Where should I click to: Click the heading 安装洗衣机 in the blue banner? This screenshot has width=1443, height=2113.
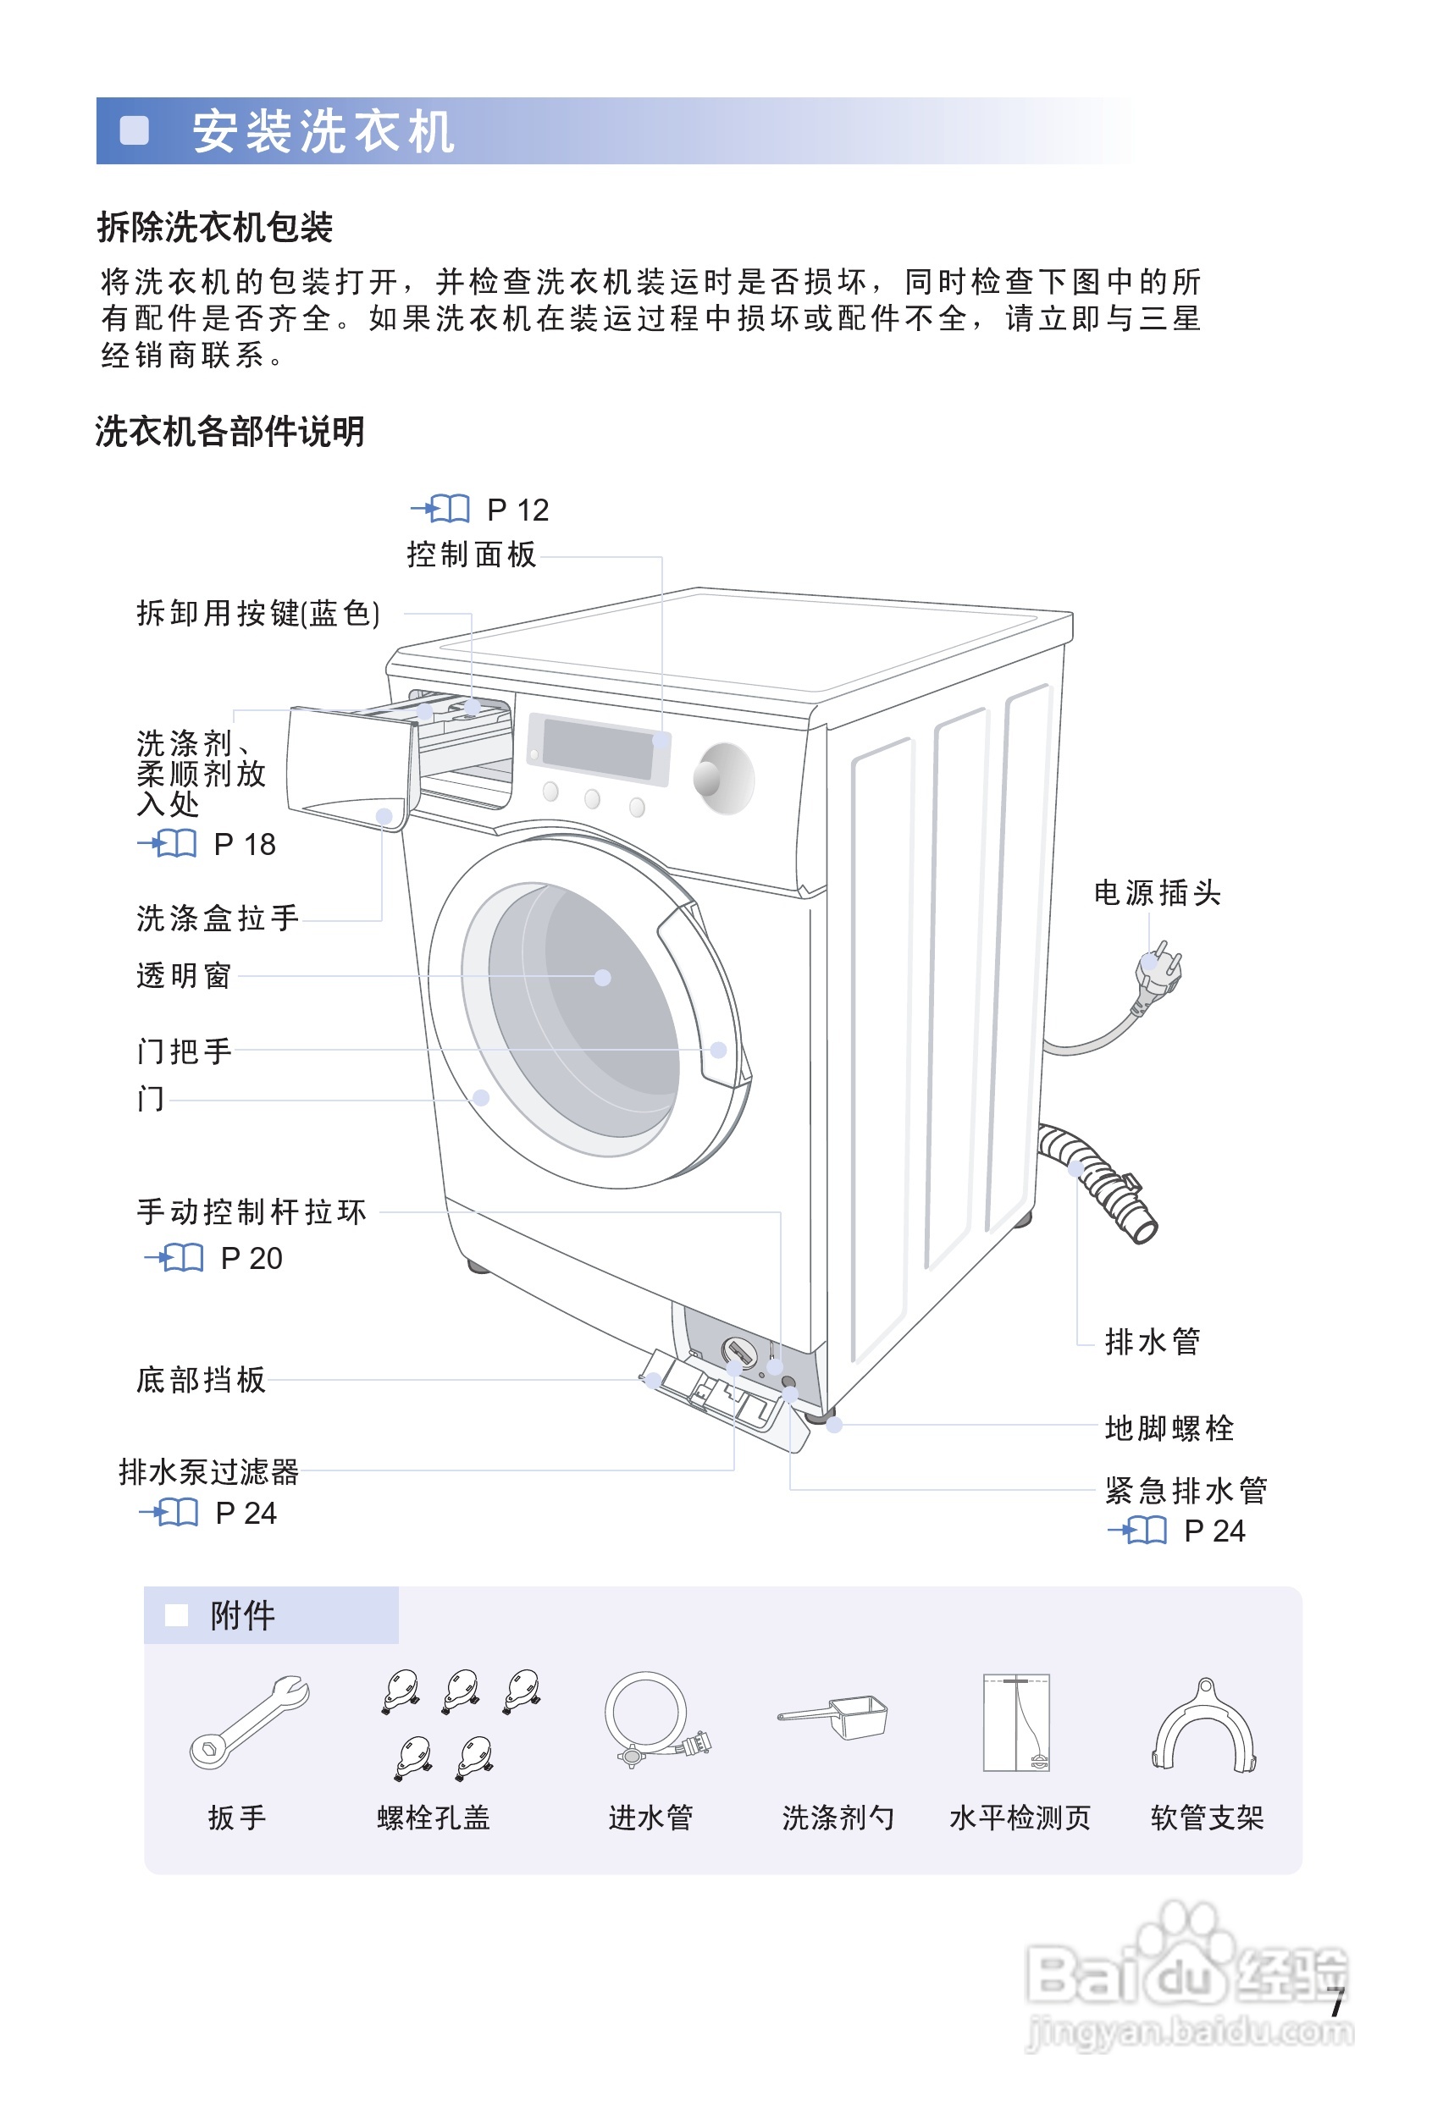click(323, 132)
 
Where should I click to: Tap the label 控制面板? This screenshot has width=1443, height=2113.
click(471, 554)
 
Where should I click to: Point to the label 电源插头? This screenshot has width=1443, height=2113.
click(1157, 893)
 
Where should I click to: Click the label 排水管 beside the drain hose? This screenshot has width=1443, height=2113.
click(1152, 1341)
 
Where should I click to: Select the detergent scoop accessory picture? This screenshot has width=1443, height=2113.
click(834, 1717)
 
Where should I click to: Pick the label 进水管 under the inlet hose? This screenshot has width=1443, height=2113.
click(650, 1818)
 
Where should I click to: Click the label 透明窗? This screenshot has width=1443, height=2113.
click(184, 975)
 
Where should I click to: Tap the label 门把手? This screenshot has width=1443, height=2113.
click(185, 1051)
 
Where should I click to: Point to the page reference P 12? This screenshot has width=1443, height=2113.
click(517, 510)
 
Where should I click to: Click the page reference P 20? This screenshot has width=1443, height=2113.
click(251, 1258)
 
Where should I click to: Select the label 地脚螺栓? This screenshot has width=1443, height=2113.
click(1169, 1428)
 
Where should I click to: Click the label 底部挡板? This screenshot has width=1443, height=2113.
click(201, 1380)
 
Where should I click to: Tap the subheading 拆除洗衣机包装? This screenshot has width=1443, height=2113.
click(214, 228)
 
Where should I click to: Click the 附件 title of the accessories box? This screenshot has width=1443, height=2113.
click(242, 1616)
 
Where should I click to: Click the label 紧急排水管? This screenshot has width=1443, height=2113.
click(1185, 1490)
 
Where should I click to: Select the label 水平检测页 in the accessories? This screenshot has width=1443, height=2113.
click(1020, 1818)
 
